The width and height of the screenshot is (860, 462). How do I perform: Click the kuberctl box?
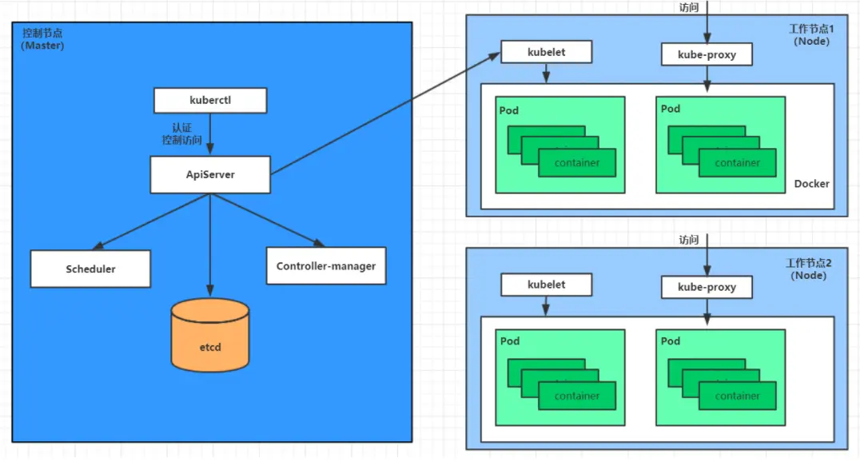(209, 101)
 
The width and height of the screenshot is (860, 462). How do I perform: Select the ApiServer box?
(209, 174)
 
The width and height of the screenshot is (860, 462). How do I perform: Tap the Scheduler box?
(90, 269)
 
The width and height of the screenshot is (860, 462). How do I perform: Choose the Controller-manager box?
(325, 265)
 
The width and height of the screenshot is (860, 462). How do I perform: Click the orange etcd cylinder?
(210, 335)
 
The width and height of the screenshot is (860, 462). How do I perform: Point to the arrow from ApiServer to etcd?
(210, 244)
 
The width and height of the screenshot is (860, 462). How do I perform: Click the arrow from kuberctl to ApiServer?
(210, 132)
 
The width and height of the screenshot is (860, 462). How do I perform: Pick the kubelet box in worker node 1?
(546, 52)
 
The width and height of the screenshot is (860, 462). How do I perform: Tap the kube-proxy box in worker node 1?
(707, 55)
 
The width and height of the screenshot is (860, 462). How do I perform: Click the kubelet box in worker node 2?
(546, 284)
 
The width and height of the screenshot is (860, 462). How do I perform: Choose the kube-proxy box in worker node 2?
(707, 287)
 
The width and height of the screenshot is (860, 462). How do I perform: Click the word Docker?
(811, 184)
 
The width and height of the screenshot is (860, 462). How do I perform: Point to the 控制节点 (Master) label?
(42, 39)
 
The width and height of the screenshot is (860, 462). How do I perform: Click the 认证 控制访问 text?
(181, 133)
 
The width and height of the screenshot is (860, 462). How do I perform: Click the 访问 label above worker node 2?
(689, 240)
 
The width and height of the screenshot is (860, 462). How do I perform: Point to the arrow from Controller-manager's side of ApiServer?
(268, 220)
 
